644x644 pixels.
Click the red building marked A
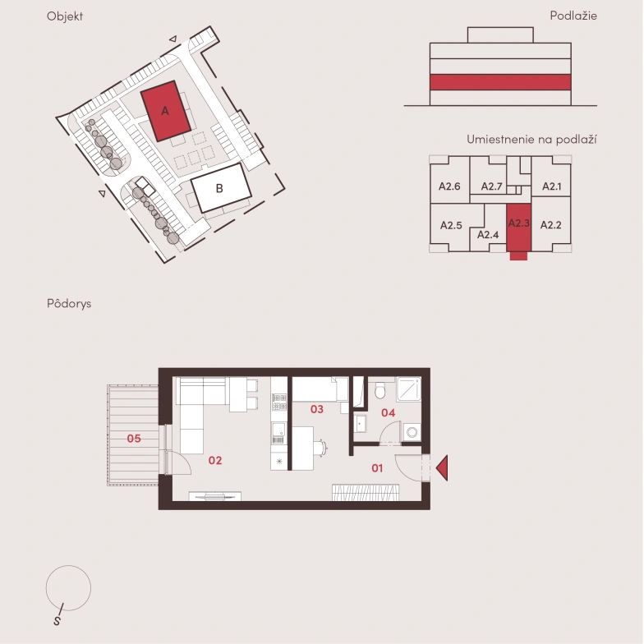166,111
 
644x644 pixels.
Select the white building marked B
221,187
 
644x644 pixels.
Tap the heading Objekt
65,16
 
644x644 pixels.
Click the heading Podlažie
573,16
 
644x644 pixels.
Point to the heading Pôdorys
69,304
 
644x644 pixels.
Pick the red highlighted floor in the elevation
500,82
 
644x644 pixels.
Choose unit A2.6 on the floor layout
449,186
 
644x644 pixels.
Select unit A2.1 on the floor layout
551,186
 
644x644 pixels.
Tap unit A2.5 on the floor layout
451,225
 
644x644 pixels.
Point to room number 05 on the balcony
134,439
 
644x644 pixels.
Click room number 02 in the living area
215,460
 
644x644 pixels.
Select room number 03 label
317,409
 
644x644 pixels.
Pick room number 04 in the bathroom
388,412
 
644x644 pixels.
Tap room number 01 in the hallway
377,468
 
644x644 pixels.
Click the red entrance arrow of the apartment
442,468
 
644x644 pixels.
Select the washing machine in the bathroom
412,432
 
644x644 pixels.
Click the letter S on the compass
57,621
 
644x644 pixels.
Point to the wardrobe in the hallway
366,493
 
